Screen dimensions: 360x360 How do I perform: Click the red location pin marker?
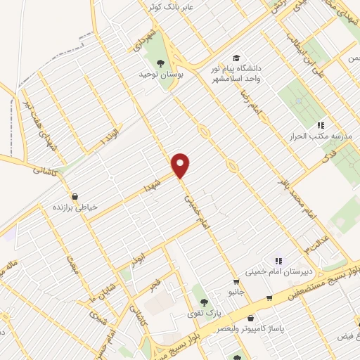[x=181, y=165]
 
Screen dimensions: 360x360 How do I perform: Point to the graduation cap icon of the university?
[x=237, y=58]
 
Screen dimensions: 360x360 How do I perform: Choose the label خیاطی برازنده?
[x=75, y=207]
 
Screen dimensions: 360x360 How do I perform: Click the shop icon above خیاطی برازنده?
[x=75, y=197]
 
